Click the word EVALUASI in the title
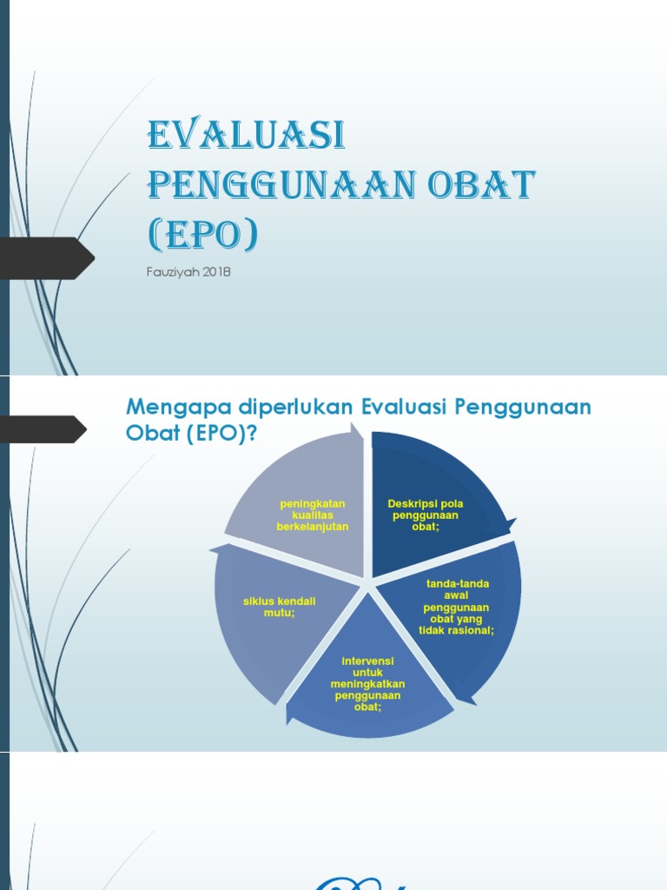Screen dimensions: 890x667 247,136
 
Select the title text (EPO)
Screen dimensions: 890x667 203,235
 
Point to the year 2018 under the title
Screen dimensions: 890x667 216,272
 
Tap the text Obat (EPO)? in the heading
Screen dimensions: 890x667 192,434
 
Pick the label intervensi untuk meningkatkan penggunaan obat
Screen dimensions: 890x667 367,684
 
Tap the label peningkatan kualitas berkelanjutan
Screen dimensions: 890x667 313,515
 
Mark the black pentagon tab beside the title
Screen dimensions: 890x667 47,258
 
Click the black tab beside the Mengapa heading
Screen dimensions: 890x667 43,428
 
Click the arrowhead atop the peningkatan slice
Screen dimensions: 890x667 357,428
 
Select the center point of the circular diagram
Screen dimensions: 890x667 368,582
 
